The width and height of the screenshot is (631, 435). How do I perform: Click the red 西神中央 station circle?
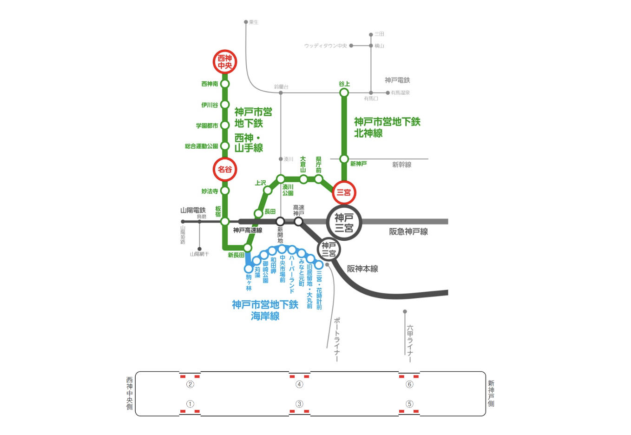[x=225, y=62]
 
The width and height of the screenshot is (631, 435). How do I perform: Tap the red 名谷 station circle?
[x=225, y=169]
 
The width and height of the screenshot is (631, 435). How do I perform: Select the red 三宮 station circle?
[x=344, y=192]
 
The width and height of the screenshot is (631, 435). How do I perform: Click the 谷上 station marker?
[x=344, y=92]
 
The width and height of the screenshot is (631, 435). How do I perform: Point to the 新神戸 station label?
[x=358, y=164]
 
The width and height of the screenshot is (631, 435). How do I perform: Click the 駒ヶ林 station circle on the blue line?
[x=249, y=269]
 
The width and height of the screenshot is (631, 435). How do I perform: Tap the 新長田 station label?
[x=236, y=255]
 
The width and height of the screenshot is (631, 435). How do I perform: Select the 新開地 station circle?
[x=280, y=221]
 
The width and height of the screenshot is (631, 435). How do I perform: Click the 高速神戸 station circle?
[x=299, y=221]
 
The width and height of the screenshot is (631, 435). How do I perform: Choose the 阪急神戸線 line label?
[x=408, y=232]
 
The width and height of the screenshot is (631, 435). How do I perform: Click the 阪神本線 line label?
[x=362, y=269]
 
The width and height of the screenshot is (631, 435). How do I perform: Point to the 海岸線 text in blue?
[x=265, y=316]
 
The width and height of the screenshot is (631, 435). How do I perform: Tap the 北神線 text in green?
[x=368, y=133]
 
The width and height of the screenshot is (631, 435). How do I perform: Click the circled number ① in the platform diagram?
[x=190, y=404]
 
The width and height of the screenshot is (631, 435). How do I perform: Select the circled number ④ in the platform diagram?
[x=300, y=384]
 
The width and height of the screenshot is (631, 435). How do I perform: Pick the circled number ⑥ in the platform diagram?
[x=409, y=384]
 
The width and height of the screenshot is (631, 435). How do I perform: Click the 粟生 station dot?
[x=246, y=22]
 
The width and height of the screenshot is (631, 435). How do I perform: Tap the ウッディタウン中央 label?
[x=325, y=46]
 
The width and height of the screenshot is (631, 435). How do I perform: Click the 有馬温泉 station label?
[x=400, y=93]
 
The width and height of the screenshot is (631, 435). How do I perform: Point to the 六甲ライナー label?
[x=410, y=343]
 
